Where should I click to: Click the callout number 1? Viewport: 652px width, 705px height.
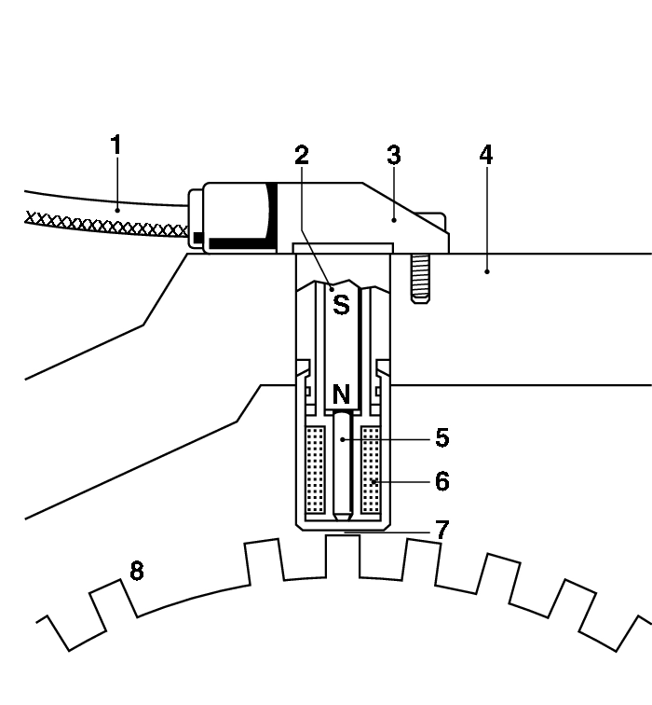115,145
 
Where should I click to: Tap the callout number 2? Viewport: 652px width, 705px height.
301,156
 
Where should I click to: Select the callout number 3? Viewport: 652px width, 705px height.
393,156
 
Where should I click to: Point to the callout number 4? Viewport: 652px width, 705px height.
485,155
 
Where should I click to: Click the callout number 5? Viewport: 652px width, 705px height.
441,436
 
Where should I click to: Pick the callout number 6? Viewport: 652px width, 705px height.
441,481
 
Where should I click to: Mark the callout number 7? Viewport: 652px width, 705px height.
441,530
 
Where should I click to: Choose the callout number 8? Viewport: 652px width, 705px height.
136,571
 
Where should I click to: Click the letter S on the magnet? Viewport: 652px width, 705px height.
341,304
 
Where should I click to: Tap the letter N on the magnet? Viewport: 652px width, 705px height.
341,395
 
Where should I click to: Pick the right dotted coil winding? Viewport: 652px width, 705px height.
372,470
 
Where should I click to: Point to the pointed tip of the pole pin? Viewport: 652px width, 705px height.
343,514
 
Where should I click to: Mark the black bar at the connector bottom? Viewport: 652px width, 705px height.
241,243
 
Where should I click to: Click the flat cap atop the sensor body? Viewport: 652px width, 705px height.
342,248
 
